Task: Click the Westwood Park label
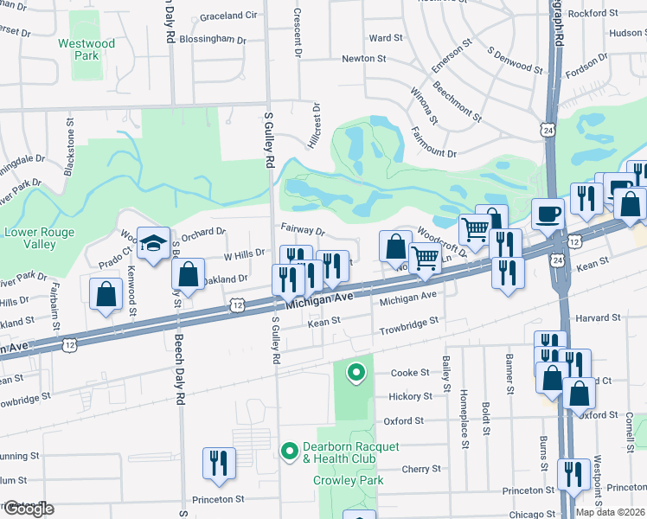point(86,48)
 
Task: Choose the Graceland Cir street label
point(228,16)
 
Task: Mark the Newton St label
point(363,59)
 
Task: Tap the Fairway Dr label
point(302,232)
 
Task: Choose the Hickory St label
point(409,396)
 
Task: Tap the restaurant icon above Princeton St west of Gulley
point(219,463)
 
